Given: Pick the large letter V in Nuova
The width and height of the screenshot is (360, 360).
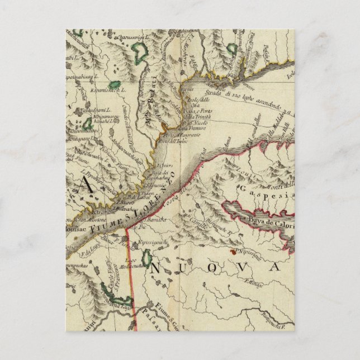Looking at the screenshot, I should pos(241,268).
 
